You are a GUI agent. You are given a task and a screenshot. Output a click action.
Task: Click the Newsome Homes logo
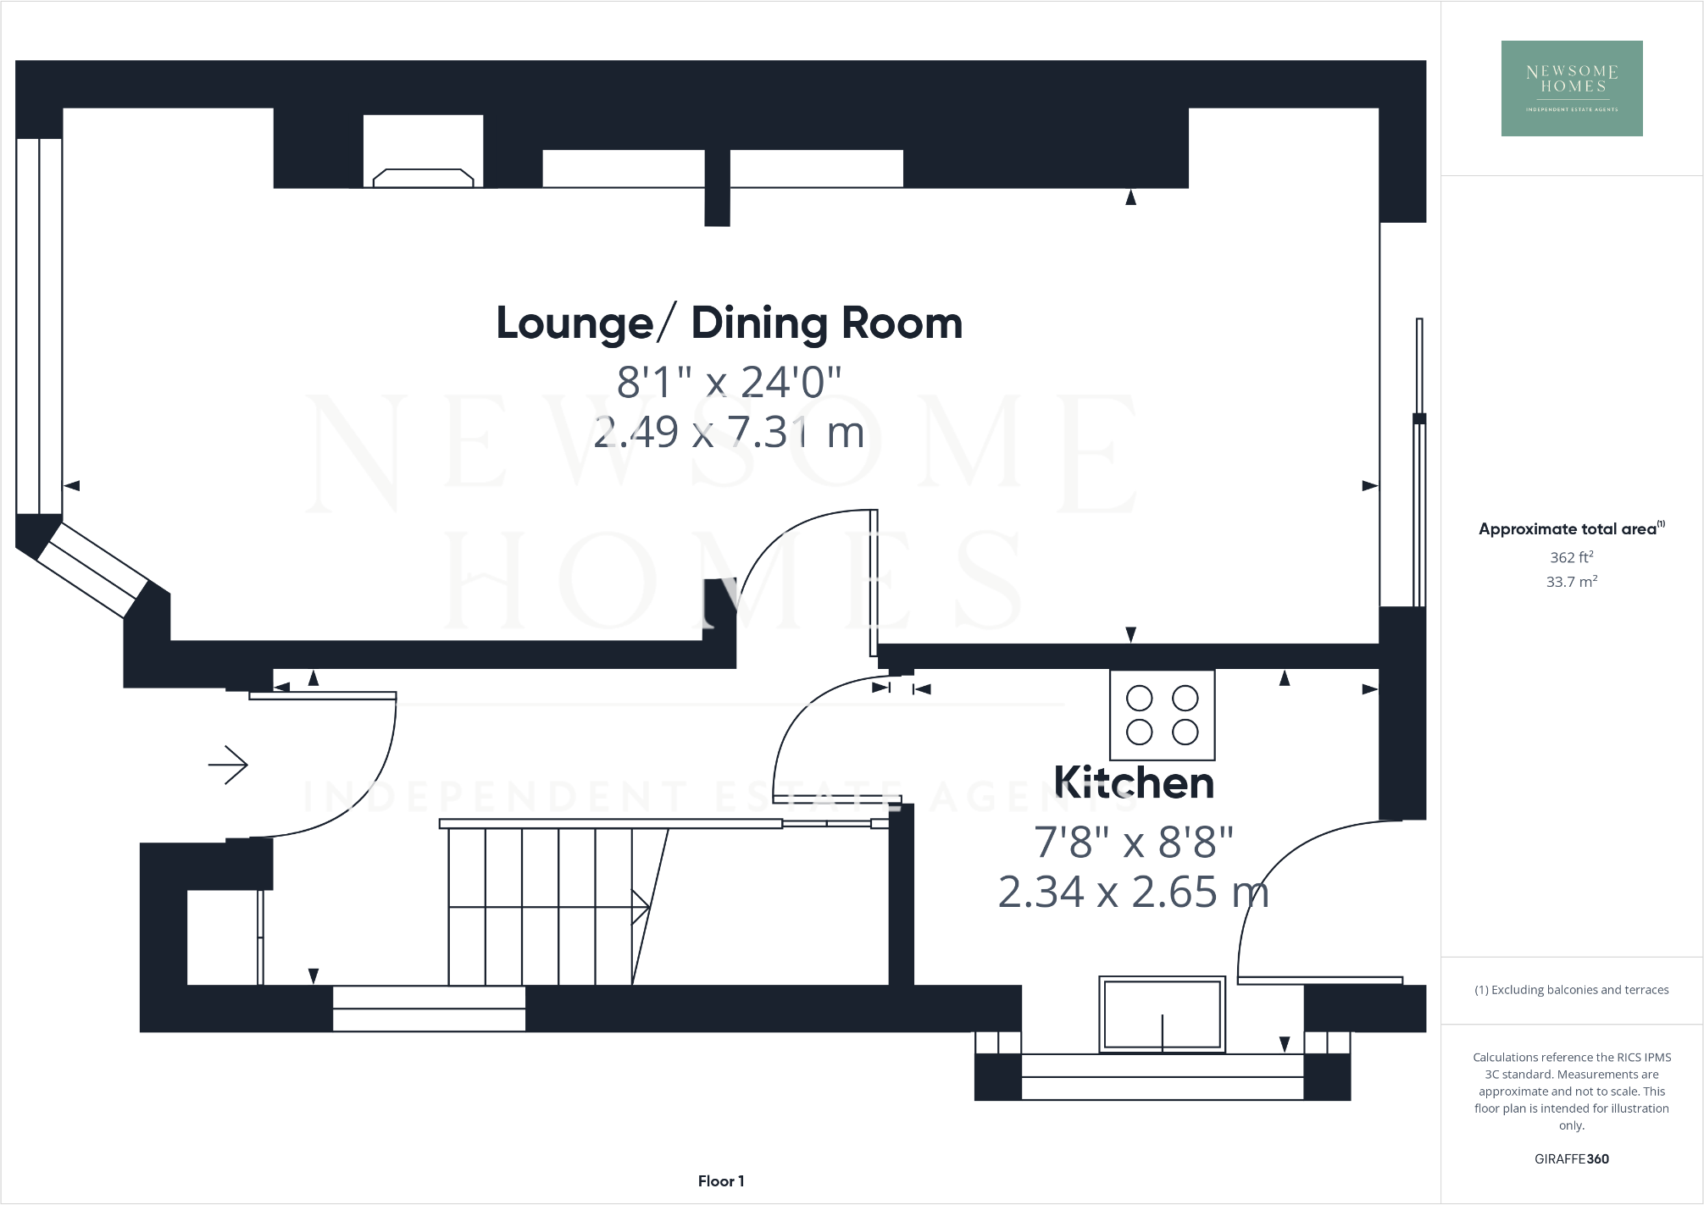click(x=1571, y=88)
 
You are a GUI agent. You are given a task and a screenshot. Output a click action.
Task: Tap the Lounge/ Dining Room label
click(x=729, y=323)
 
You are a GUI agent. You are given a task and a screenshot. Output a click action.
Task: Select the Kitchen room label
click(x=1133, y=782)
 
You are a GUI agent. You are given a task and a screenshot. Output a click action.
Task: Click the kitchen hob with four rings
click(x=1162, y=715)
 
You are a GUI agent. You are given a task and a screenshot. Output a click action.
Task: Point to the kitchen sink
click(x=1162, y=1014)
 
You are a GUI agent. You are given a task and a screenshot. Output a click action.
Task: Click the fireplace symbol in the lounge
click(x=423, y=177)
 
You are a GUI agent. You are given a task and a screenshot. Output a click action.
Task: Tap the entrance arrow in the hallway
click(x=228, y=765)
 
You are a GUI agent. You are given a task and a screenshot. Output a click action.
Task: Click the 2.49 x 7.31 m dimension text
click(x=729, y=433)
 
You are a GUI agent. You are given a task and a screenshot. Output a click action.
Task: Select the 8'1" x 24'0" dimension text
click(x=729, y=382)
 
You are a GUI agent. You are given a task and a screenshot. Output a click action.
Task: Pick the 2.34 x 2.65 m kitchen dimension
click(x=1133, y=892)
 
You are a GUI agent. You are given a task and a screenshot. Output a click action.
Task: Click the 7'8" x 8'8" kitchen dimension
click(x=1133, y=842)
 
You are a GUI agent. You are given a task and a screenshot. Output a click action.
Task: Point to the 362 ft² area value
click(x=1571, y=557)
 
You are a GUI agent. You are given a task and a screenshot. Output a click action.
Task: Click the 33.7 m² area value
click(x=1571, y=582)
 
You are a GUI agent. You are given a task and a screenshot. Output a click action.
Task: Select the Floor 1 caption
click(x=720, y=1180)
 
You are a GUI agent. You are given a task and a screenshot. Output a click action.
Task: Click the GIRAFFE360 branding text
click(x=1571, y=1158)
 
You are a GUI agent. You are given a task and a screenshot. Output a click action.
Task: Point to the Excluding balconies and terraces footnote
click(x=1571, y=989)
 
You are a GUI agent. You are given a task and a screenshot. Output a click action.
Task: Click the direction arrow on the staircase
click(x=639, y=907)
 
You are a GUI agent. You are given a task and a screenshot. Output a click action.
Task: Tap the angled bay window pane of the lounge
click(x=92, y=570)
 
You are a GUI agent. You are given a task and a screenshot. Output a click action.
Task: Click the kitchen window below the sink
click(x=1162, y=1077)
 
